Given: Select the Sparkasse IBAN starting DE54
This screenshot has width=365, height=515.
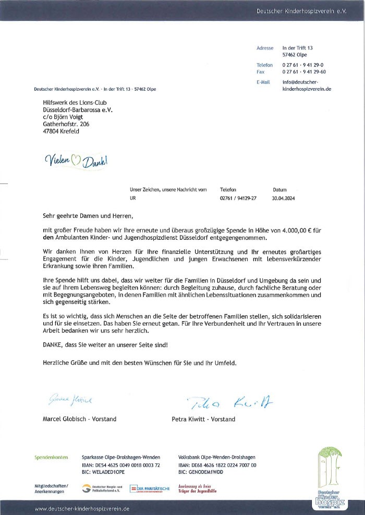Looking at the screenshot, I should (120, 465).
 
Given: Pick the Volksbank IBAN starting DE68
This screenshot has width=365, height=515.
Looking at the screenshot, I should (217, 465).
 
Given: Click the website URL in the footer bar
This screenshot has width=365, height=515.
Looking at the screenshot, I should (82, 508).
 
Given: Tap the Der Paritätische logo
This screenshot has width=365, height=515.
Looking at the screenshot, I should (150, 488).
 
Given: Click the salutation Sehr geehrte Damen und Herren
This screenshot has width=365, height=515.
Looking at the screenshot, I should (84, 215).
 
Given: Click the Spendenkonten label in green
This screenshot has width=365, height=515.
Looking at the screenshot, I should (52, 457).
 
